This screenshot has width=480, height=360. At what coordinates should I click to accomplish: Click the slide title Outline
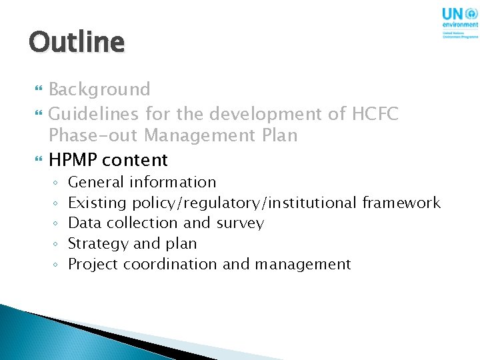(77, 43)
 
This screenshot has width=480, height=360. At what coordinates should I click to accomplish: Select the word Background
(99, 89)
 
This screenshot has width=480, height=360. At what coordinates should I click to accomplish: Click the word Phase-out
(93, 136)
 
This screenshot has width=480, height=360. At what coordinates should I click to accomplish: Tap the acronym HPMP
(72, 160)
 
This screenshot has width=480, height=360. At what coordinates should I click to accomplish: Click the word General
(97, 182)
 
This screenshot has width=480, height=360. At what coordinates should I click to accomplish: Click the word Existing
(97, 203)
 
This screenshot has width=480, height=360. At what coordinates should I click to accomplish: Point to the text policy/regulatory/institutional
(245, 203)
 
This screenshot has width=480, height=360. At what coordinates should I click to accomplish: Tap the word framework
(402, 203)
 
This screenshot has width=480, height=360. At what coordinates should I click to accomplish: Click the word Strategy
(97, 244)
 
